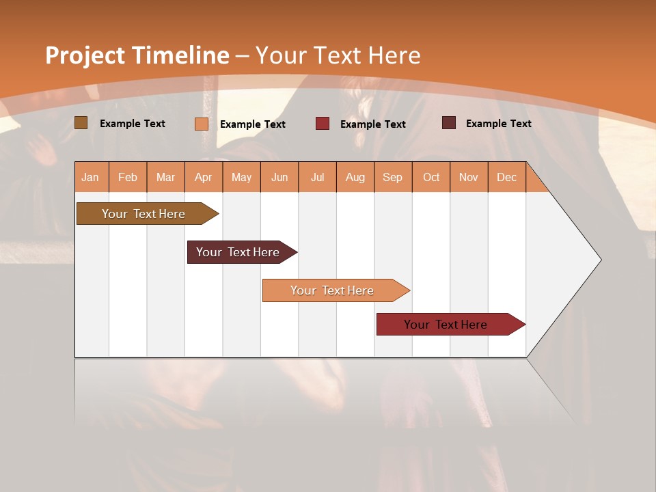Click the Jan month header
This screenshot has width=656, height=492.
(90, 178)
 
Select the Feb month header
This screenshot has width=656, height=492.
(128, 178)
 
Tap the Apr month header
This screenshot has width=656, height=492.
(203, 178)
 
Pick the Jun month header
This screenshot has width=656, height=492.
(279, 178)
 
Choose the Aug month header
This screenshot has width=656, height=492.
(355, 178)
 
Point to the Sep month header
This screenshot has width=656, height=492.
(392, 178)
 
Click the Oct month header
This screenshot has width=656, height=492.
(431, 178)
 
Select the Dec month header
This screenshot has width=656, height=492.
(506, 178)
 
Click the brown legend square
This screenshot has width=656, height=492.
(81, 123)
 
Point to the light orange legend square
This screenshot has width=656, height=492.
(202, 124)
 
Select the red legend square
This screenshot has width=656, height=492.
(323, 124)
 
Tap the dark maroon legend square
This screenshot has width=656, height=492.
(449, 123)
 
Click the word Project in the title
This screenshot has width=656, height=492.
(85, 55)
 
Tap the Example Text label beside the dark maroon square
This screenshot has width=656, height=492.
(498, 124)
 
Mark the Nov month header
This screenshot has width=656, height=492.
(469, 178)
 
